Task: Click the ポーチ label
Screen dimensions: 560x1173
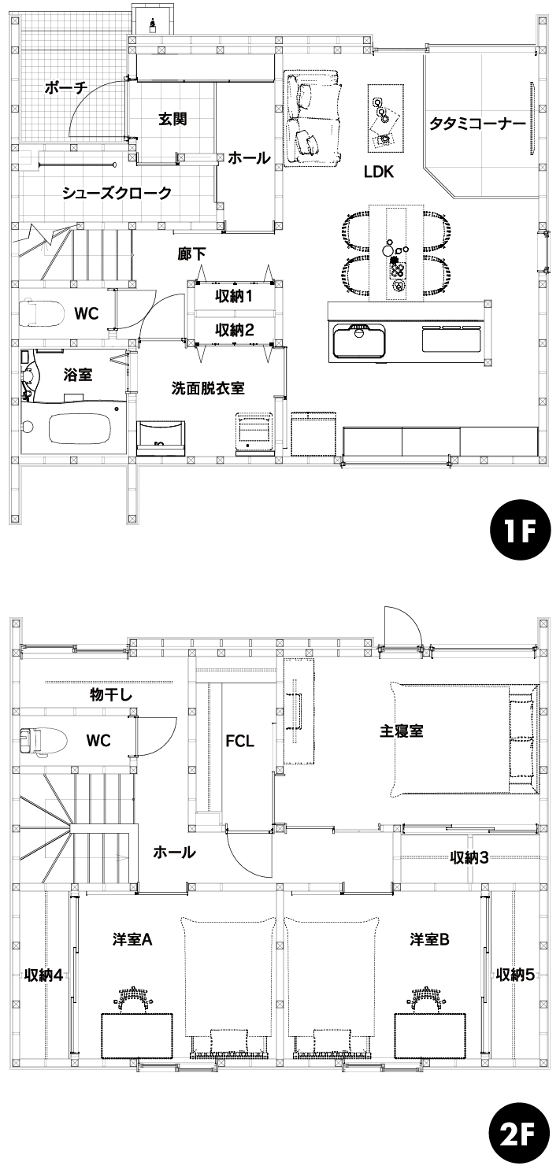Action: [x=65, y=87]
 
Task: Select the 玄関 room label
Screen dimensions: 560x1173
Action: [x=172, y=120]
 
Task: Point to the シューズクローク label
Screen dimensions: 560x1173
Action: [x=117, y=193]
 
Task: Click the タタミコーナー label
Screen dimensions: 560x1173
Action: [x=477, y=124]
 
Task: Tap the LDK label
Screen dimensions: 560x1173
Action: [x=378, y=172]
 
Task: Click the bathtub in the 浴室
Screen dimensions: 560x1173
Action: [x=80, y=428]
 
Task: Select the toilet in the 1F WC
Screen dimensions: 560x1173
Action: [x=40, y=313]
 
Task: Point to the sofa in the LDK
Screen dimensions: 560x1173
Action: [x=313, y=118]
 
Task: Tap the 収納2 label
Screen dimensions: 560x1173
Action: [x=234, y=330]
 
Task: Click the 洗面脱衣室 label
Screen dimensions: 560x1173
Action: [x=208, y=388]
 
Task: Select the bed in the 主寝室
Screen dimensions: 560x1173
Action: [x=464, y=739]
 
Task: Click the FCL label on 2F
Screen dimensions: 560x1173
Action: [x=240, y=742]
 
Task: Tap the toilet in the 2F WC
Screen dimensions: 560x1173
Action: [x=43, y=742]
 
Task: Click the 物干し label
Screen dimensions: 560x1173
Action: [x=111, y=695]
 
